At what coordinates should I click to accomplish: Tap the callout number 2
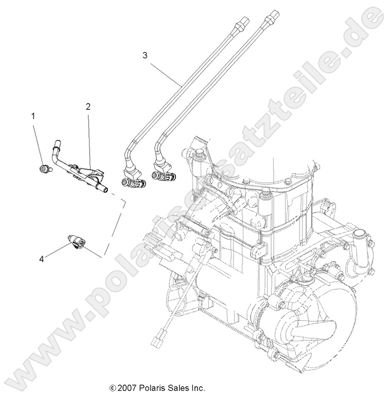88,107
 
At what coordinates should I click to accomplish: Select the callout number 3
145,54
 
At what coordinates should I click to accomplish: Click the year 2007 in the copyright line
126,387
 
